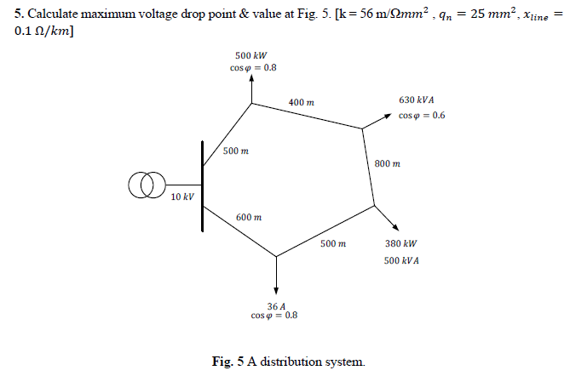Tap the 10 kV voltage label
coord(182,197)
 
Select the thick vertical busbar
coord(203,186)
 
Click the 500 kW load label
coord(252,54)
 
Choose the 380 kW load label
coord(400,243)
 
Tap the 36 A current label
coord(275,305)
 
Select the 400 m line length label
coord(301,102)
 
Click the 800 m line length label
coord(387,162)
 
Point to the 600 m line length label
coord(248,217)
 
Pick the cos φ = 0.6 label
coord(422,116)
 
